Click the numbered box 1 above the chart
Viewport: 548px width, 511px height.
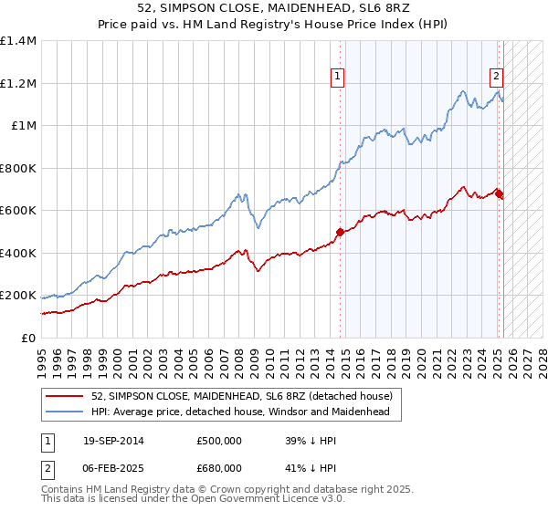tap(338, 78)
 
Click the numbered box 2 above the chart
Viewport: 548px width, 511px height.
tap(496, 78)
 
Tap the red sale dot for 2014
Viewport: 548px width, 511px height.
tap(340, 232)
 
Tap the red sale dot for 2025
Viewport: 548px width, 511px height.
tap(499, 193)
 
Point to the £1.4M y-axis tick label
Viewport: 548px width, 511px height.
tap(18, 41)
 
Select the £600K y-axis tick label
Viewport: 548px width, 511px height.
tap(18, 211)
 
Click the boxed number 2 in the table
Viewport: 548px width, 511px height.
tap(47, 467)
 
